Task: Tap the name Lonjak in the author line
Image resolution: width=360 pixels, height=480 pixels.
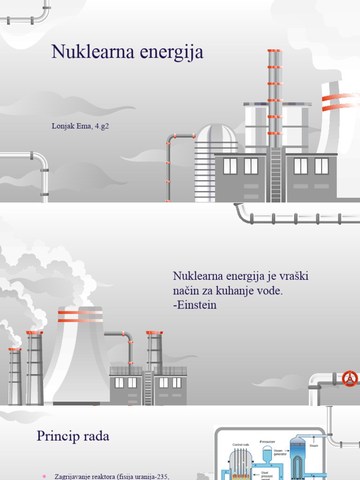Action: click(x=62, y=126)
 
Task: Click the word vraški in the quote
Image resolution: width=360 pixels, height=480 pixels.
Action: click(x=294, y=277)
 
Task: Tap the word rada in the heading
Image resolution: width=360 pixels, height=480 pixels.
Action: click(x=96, y=436)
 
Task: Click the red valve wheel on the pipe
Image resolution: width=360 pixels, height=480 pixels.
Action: click(x=350, y=378)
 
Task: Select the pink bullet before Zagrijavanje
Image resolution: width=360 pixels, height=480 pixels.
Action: click(x=44, y=477)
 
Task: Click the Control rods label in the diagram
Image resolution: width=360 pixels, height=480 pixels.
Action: click(x=241, y=444)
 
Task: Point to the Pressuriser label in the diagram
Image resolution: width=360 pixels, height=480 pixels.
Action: click(x=267, y=441)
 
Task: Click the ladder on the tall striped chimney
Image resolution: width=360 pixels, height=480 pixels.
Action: click(x=276, y=173)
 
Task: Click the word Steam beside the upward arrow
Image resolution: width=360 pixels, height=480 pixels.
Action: click(x=314, y=446)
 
